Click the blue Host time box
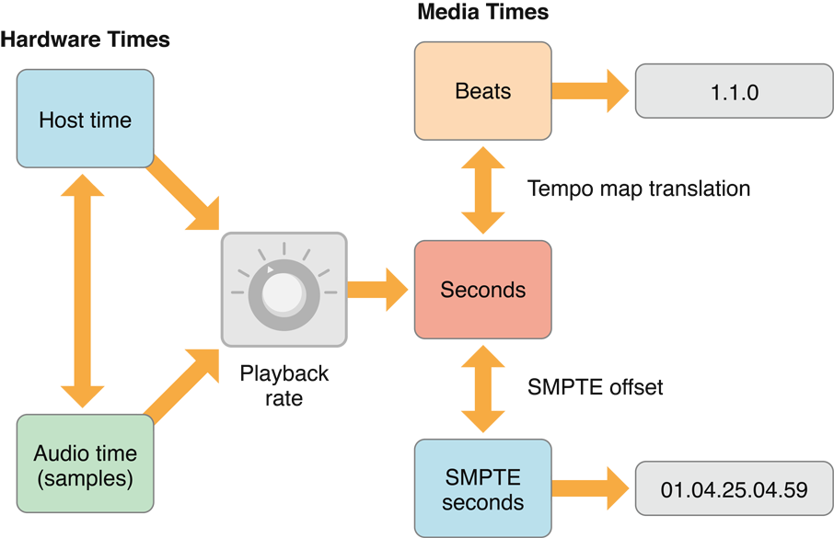point(85,120)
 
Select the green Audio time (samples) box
point(85,464)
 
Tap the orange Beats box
point(482,91)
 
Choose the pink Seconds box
point(482,290)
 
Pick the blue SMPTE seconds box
point(482,489)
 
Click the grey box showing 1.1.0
point(734,92)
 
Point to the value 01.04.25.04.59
point(734,489)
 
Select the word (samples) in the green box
point(85,478)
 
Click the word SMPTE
point(482,477)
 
